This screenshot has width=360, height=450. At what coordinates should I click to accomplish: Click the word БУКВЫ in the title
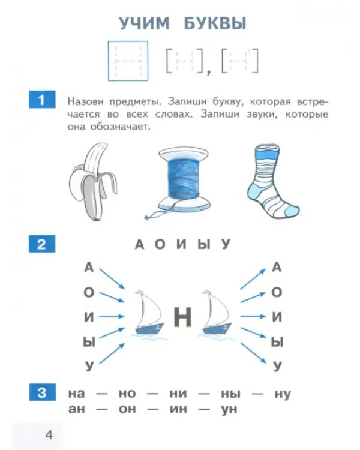tap(215, 23)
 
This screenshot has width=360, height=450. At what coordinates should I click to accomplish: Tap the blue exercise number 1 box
tap(42, 99)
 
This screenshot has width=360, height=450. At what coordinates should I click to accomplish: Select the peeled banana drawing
tap(92, 182)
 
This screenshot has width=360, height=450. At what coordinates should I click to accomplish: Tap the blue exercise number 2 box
tap(42, 244)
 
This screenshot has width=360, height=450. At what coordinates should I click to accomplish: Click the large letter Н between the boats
tap(182, 317)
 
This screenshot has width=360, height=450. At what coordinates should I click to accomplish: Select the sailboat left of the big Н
tap(149, 313)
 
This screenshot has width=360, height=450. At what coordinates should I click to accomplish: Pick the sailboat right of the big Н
tap(217, 313)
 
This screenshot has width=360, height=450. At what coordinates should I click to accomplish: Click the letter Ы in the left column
tap(89, 342)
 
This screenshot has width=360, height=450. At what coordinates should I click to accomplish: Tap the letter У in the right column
tap(277, 366)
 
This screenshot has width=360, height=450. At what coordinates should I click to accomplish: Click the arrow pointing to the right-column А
tap(253, 279)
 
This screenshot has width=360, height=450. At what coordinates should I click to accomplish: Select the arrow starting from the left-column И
tap(112, 317)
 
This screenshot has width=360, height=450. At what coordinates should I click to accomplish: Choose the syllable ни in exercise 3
tap(178, 394)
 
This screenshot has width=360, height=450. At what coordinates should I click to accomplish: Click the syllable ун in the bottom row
tap(229, 409)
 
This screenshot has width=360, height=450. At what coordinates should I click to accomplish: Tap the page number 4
tap(49, 435)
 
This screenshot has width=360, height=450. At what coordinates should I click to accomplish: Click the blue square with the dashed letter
tap(128, 61)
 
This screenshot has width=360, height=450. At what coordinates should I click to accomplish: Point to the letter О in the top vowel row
tap(160, 245)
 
